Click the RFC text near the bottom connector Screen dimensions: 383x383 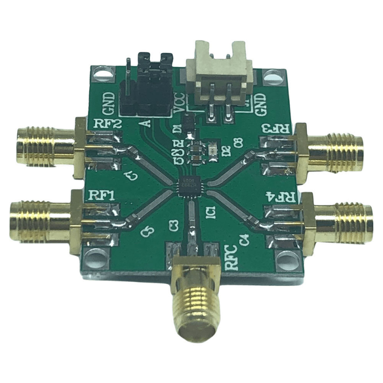[x=229, y=258]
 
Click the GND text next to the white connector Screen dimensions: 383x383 [x=261, y=102]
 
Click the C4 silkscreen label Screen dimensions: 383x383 [x=245, y=238]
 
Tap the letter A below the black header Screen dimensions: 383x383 [x=147, y=123]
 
